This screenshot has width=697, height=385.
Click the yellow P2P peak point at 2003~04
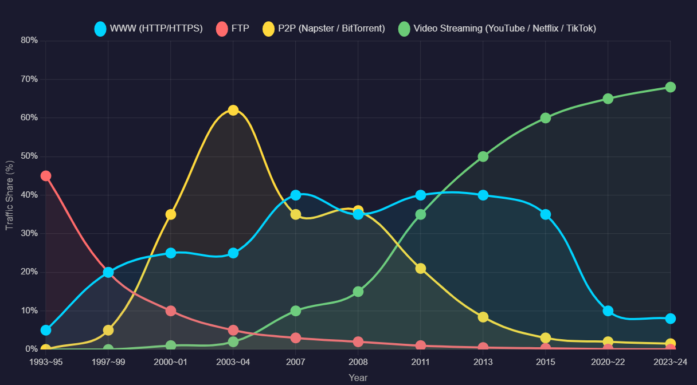233,110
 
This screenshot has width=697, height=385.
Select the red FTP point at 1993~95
46,176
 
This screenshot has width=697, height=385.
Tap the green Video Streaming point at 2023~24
670,87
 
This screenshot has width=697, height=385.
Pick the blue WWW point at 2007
296,195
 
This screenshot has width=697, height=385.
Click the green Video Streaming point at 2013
483,156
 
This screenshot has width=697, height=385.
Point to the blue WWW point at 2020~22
608,311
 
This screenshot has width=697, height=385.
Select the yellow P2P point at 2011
421,269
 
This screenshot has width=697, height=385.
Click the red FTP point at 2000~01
171,311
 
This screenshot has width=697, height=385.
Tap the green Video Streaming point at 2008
358,292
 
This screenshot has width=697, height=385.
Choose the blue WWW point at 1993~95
46,330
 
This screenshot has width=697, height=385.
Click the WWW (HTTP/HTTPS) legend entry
149,28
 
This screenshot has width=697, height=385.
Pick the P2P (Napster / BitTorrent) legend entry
324,28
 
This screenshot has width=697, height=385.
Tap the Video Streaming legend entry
497,28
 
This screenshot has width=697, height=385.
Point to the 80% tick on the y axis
29,40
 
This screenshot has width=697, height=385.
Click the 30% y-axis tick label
29,234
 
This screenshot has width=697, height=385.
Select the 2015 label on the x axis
546,362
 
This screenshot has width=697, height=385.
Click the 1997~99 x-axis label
108,362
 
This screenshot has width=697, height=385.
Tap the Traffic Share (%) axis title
10,195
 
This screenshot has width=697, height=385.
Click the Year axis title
358,378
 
